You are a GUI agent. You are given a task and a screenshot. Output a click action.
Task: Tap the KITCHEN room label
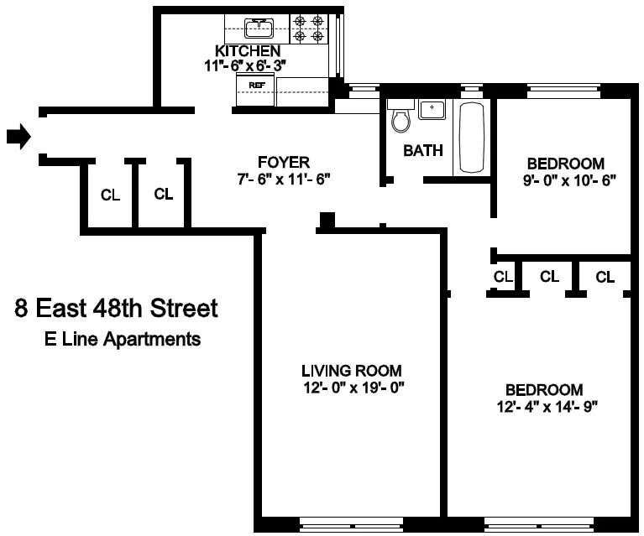click(x=247, y=52)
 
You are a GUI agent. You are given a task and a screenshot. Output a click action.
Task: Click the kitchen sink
click(x=258, y=29)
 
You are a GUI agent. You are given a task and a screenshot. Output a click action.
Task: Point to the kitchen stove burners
click(x=308, y=29)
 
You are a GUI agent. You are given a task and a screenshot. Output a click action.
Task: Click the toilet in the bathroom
click(x=401, y=118)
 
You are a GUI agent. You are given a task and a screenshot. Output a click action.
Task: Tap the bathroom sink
click(x=432, y=109)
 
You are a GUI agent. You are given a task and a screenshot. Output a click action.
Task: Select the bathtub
click(x=471, y=138)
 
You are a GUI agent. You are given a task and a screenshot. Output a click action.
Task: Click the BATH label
click(x=423, y=151)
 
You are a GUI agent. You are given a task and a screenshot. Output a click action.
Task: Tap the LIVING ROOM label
click(x=351, y=371)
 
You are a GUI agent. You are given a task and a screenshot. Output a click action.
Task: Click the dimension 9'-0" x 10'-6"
click(x=565, y=180)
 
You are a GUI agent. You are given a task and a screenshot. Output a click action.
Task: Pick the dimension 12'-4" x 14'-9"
click(x=543, y=407)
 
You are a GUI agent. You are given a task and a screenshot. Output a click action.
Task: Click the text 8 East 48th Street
click(x=116, y=309)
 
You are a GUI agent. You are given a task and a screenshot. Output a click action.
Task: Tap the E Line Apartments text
click(x=123, y=340)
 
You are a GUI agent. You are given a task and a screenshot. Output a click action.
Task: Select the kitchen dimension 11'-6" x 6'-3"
click(x=247, y=66)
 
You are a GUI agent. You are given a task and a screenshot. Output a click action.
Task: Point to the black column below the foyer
click(x=327, y=221)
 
